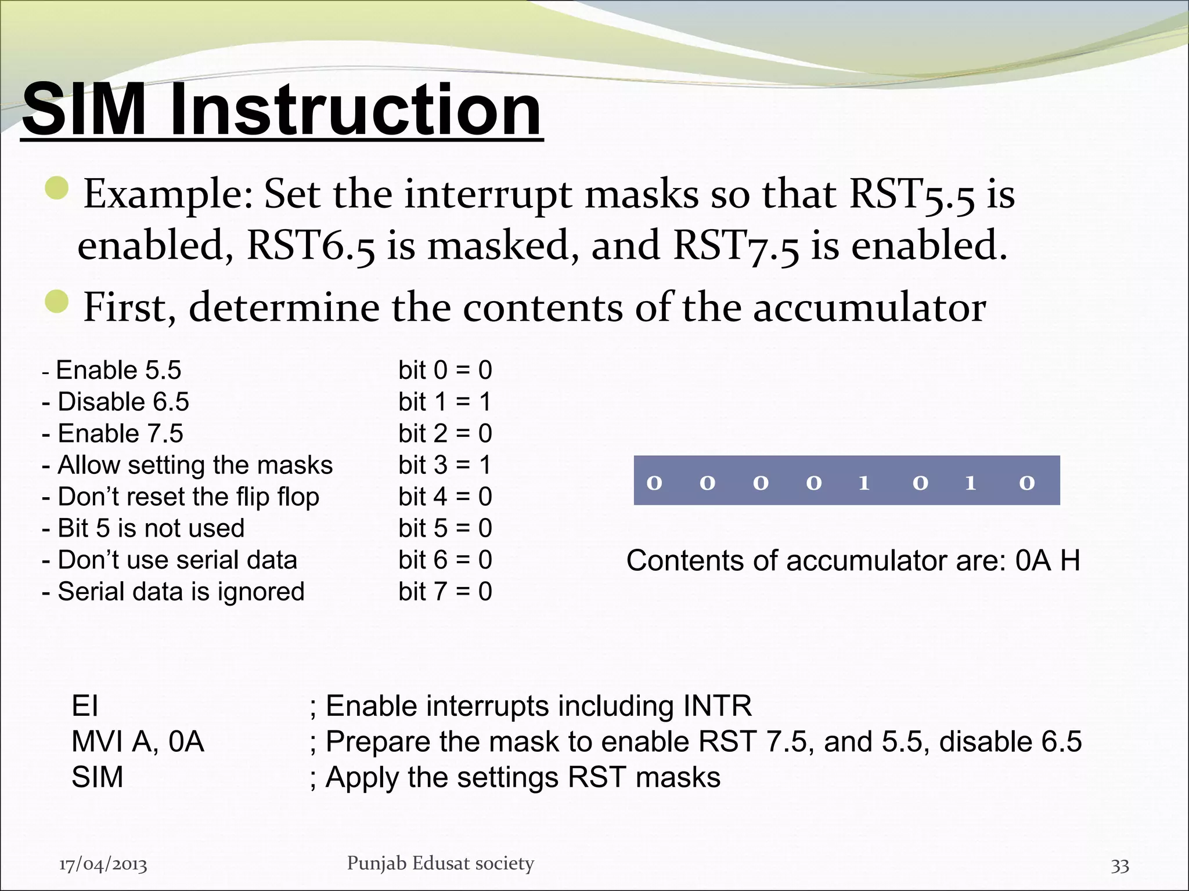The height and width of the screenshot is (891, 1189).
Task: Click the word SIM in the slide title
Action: point(84,109)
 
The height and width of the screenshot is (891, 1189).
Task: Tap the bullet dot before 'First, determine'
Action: point(57,302)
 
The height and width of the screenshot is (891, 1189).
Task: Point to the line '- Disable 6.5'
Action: point(116,402)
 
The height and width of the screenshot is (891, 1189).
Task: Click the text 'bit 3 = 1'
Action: point(445,465)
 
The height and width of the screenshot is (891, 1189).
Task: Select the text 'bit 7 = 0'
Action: point(445,592)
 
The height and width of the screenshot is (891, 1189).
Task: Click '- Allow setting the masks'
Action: point(187,465)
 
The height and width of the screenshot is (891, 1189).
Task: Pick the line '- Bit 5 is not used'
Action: point(143,528)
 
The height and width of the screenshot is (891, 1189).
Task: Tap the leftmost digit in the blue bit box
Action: point(654,483)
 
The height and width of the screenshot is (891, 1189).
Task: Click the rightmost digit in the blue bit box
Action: point(1026,483)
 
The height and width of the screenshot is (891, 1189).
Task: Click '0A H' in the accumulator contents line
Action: point(1047,561)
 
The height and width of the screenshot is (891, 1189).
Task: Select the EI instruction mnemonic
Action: point(85,707)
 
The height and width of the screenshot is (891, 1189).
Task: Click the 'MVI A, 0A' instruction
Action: point(138,742)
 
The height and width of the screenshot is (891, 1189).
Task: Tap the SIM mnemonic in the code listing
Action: point(97,777)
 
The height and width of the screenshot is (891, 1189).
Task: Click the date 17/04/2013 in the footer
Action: point(103,865)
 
